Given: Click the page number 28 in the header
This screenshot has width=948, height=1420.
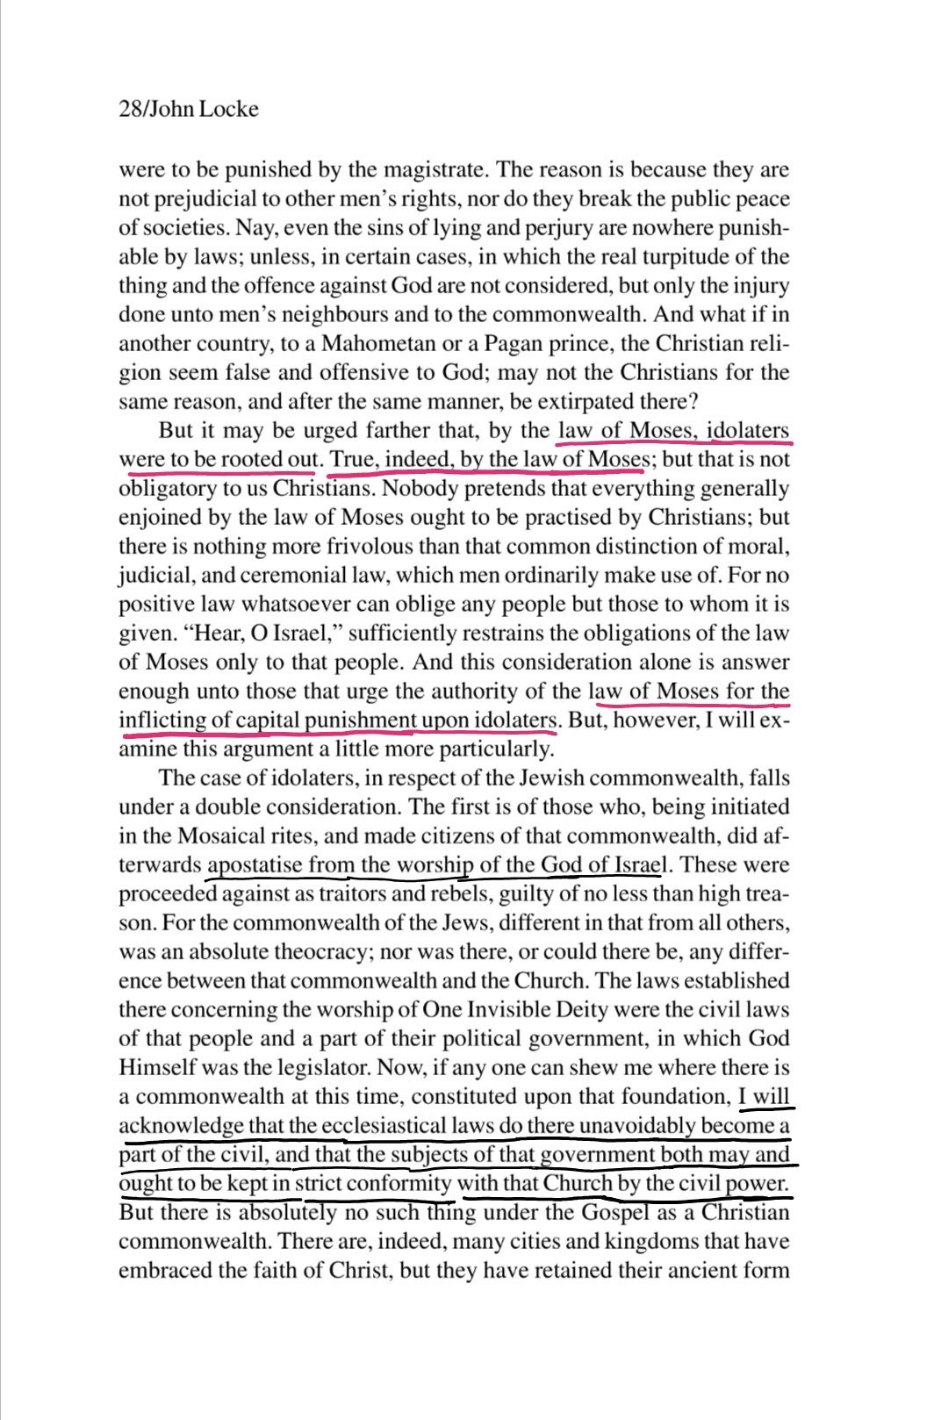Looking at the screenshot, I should tap(129, 110).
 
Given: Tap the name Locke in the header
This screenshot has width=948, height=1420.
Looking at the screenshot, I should tap(231, 110).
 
